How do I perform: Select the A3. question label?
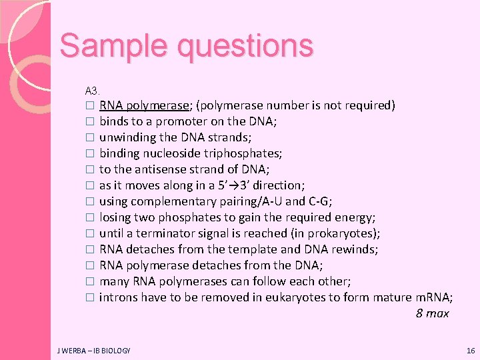[x=92, y=90]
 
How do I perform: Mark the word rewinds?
[x=356, y=249]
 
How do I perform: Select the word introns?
[x=117, y=297]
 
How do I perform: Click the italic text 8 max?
[x=432, y=313]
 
